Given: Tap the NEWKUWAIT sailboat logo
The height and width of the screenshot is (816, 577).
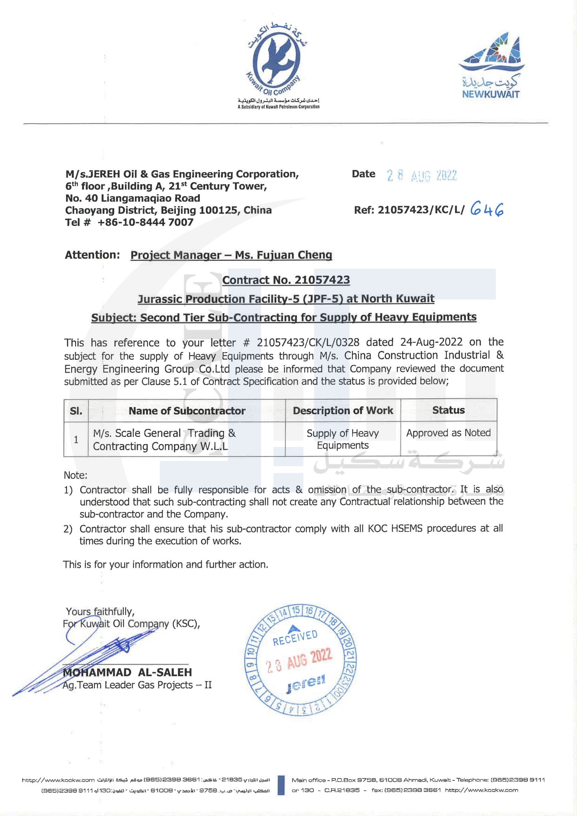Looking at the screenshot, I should pyautogui.click(x=491, y=66).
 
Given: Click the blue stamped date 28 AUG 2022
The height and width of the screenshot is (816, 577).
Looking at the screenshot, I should pyautogui.click(x=421, y=176).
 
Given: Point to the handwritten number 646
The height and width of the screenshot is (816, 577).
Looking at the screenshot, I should pyautogui.click(x=487, y=210).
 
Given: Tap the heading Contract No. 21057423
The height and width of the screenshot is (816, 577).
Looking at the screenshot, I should pyautogui.click(x=286, y=280).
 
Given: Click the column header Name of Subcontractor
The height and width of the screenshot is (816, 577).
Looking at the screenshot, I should pyautogui.click(x=187, y=411).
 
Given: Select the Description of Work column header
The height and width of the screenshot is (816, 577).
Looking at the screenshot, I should pyautogui.click(x=343, y=410).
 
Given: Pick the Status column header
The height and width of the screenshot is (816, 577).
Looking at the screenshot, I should pyautogui.click(x=448, y=410).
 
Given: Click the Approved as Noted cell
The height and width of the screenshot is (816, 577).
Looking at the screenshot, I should pyautogui.click(x=448, y=433).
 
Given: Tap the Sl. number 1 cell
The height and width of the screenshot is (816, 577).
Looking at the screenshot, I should pyautogui.click(x=76, y=440).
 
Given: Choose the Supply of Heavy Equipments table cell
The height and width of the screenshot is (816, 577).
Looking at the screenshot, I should pyautogui.click(x=343, y=439).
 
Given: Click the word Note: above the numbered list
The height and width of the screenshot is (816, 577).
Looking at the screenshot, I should pyautogui.click(x=75, y=475).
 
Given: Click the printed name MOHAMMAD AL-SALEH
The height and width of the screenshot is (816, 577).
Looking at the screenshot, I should pyautogui.click(x=127, y=673).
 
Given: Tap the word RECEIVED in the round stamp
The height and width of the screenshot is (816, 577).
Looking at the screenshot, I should pyautogui.click(x=295, y=638).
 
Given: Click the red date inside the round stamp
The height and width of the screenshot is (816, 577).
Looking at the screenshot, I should pyautogui.click(x=299, y=661).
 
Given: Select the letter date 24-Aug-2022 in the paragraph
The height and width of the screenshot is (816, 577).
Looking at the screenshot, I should pyautogui.click(x=431, y=342).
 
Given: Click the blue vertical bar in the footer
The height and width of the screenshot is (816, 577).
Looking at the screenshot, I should pyautogui.click(x=281, y=785).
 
